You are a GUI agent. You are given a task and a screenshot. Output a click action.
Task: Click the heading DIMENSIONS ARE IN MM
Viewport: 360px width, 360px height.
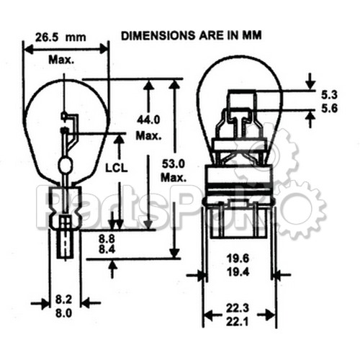click(192, 36)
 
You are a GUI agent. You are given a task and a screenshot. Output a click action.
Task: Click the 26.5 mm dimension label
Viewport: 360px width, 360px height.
click(60, 37)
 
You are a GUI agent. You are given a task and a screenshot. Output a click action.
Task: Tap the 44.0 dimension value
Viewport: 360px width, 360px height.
click(148, 120)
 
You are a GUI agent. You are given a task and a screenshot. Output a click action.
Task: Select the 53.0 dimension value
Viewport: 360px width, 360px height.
click(174, 164)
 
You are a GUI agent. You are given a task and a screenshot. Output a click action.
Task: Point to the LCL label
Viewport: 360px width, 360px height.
click(117, 168)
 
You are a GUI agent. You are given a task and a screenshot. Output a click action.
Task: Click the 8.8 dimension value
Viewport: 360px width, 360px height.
click(107, 239)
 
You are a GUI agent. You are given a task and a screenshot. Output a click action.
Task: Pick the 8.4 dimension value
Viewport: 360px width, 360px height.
click(107, 250)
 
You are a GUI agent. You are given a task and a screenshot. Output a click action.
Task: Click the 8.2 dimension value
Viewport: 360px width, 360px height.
click(63, 300)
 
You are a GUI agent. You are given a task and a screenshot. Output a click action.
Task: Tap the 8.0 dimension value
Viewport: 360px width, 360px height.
click(63, 313)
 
